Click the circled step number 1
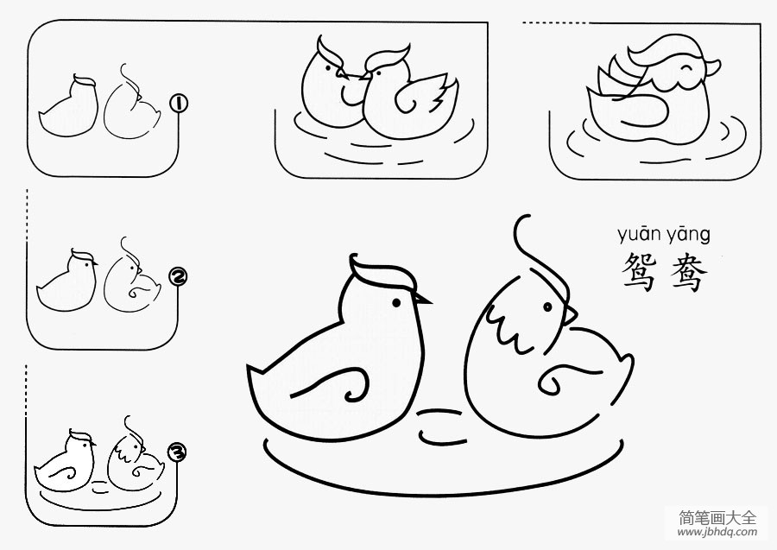179,104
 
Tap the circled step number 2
178,277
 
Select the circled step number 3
177,452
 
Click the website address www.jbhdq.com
717,533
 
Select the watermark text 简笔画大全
717,518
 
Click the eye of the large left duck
396,302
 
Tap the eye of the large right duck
547,307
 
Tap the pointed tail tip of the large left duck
249,367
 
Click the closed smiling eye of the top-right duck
686,67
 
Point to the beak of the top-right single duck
712,66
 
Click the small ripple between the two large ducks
441,425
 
